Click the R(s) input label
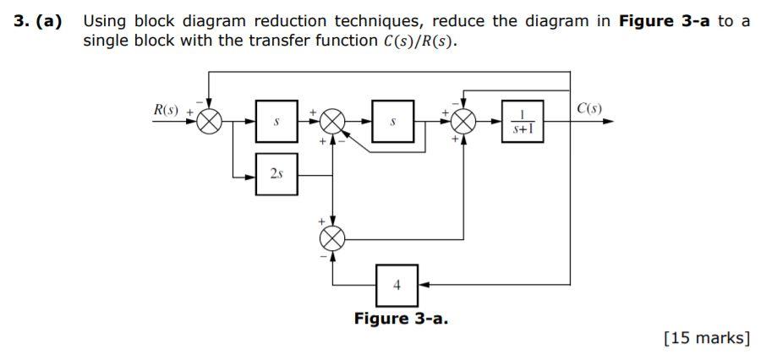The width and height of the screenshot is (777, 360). [165, 109]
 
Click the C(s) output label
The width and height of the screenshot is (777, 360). [588, 108]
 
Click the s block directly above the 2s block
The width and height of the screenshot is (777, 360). [276, 122]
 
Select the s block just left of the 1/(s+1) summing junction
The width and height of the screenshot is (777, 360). [393, 122]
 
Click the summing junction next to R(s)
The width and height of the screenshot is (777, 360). [209, 122]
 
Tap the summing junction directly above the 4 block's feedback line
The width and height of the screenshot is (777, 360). [335, 237]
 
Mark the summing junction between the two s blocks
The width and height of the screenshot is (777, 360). [335, 122]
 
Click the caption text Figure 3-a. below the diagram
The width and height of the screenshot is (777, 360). [401, 319]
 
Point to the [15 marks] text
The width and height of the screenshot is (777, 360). [708, 338]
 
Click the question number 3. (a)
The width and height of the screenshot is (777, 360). [38, 21]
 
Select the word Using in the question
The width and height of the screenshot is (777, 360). [103, 21]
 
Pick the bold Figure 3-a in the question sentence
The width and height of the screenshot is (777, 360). [665, 21]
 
